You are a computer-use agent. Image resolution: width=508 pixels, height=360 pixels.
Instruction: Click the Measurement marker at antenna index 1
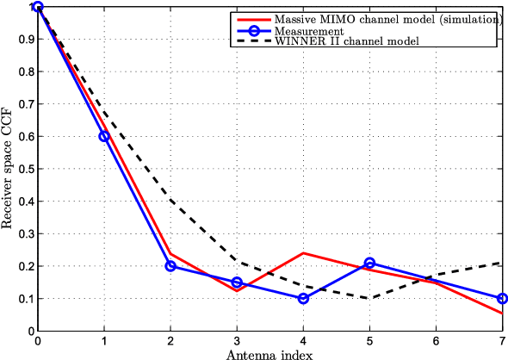pyautogui.click(x=104, y=136)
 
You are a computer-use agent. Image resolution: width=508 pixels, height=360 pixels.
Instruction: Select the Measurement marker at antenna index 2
pyautogui.click(x=170, y=266)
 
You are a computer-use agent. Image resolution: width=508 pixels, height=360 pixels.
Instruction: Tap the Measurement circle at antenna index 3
pyautogui.click(x=237, y=282)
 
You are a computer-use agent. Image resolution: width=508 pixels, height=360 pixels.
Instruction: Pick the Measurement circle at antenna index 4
pyautogui.click(x=303, y=299)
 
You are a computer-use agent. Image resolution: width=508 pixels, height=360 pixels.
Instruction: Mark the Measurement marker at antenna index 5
pyautogui.click(x=369, y=264)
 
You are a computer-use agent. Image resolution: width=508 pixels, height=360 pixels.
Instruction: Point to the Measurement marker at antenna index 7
pyautogui.click(x=502, y=299)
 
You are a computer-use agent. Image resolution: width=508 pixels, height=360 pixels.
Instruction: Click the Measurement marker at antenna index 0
pyautogui.click(x=38, y=7)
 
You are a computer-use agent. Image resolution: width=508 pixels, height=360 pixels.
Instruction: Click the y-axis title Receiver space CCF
pyautogui.click(x=8, y=169)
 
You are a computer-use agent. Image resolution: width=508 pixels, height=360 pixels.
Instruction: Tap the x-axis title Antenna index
pyautogui.click(x=269, y=353)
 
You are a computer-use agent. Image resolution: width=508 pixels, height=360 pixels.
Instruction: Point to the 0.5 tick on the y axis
pyautogui.click(x=26, y=169)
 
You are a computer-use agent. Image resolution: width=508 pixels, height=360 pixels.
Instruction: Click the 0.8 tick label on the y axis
pyautogui.click(x=26, y=71)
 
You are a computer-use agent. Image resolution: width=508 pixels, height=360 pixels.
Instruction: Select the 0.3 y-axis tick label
pyautogui.click(x=26, y=233)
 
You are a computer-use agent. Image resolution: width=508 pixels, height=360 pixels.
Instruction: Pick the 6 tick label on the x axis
pyautogui.click(x=436, y=340)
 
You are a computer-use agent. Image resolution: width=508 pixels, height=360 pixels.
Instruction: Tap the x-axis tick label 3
pyautogui.click(x=237, y=340)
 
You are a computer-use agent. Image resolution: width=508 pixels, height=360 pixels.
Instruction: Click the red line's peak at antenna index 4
pyautogui.click(x=303, y=253)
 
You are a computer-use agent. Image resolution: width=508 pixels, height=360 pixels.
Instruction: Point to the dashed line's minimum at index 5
pyautogui.click(x=369, y=299)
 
